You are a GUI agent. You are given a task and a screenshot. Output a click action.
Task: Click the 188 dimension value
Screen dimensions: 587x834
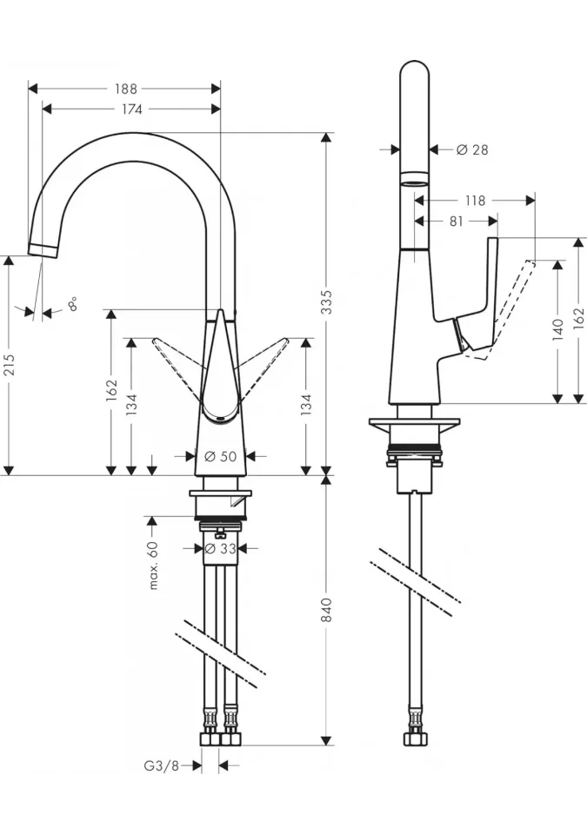[x=126, y=89]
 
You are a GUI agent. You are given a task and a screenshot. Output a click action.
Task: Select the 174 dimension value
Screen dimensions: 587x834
[x=131, y=109]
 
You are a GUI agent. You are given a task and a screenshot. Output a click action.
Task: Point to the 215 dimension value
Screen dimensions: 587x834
[x=10, y=364]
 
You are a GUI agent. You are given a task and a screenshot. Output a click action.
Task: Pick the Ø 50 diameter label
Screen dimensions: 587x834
[x=221, y=456]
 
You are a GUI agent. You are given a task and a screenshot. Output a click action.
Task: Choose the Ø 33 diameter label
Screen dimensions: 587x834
[x=221, y=548]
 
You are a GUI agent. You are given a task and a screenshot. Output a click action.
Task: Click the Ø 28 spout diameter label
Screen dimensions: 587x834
[x=472, y=150]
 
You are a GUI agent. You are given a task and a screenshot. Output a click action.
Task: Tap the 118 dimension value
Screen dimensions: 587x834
[x=475, y=201]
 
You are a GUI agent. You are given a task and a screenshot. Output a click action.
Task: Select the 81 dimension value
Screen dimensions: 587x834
[x=457, y=222]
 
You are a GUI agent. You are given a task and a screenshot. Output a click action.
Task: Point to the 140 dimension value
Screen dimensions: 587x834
[x=557, y=330]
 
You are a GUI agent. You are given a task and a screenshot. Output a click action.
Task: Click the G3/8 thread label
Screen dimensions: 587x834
[x=162, y=766]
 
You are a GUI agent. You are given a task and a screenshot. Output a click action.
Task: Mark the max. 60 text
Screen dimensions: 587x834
[x=153, y=566]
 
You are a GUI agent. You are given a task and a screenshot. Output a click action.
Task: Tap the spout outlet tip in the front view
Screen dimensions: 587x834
[x=43, y=249]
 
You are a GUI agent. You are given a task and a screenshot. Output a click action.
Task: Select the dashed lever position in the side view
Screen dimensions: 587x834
[x=501, y=310]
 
